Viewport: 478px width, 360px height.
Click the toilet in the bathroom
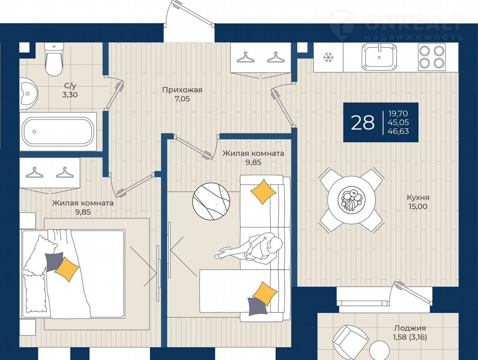click(x=54, y=59)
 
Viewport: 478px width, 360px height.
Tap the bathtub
click(x=58, y=132)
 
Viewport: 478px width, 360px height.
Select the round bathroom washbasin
click(x=28, y=93)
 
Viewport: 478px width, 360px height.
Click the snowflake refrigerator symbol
click(x=328, y=57)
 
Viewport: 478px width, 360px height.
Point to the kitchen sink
click(x=379, y=57)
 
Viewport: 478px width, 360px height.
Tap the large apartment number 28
click(x=363, y=123)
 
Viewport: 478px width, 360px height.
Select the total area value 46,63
click(x=398, y=131)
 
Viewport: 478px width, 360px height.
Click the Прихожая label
click(x=182, y=90)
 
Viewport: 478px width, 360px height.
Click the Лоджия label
click(x=410, y=334)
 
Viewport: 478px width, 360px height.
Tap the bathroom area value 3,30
click(x=70, y=95)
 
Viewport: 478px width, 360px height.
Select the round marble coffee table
click(x=211, y=201)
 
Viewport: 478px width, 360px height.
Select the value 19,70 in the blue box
click(x=398, y=114)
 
